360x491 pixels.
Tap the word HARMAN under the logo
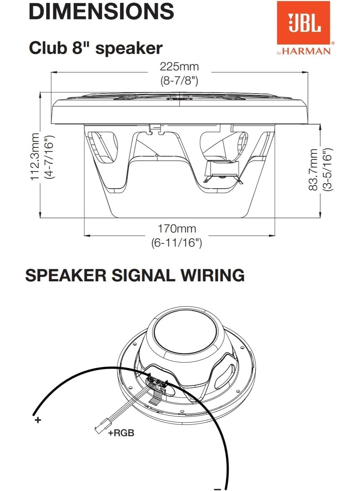coord(306,51)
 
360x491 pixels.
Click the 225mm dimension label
coord(179,67)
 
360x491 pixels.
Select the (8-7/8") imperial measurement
coord(179,81)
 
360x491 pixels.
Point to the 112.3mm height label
coord(34,156)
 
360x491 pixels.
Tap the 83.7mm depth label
coord(313,170)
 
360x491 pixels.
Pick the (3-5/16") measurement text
coord(327,170)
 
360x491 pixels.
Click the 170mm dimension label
coord(177,228)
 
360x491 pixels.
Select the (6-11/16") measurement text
coord(177,243)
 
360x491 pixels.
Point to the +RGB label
coord(121,433)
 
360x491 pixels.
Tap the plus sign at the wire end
coord(38,420)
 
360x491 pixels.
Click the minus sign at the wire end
coord(217,488)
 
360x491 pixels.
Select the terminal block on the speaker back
coord(157,383)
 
